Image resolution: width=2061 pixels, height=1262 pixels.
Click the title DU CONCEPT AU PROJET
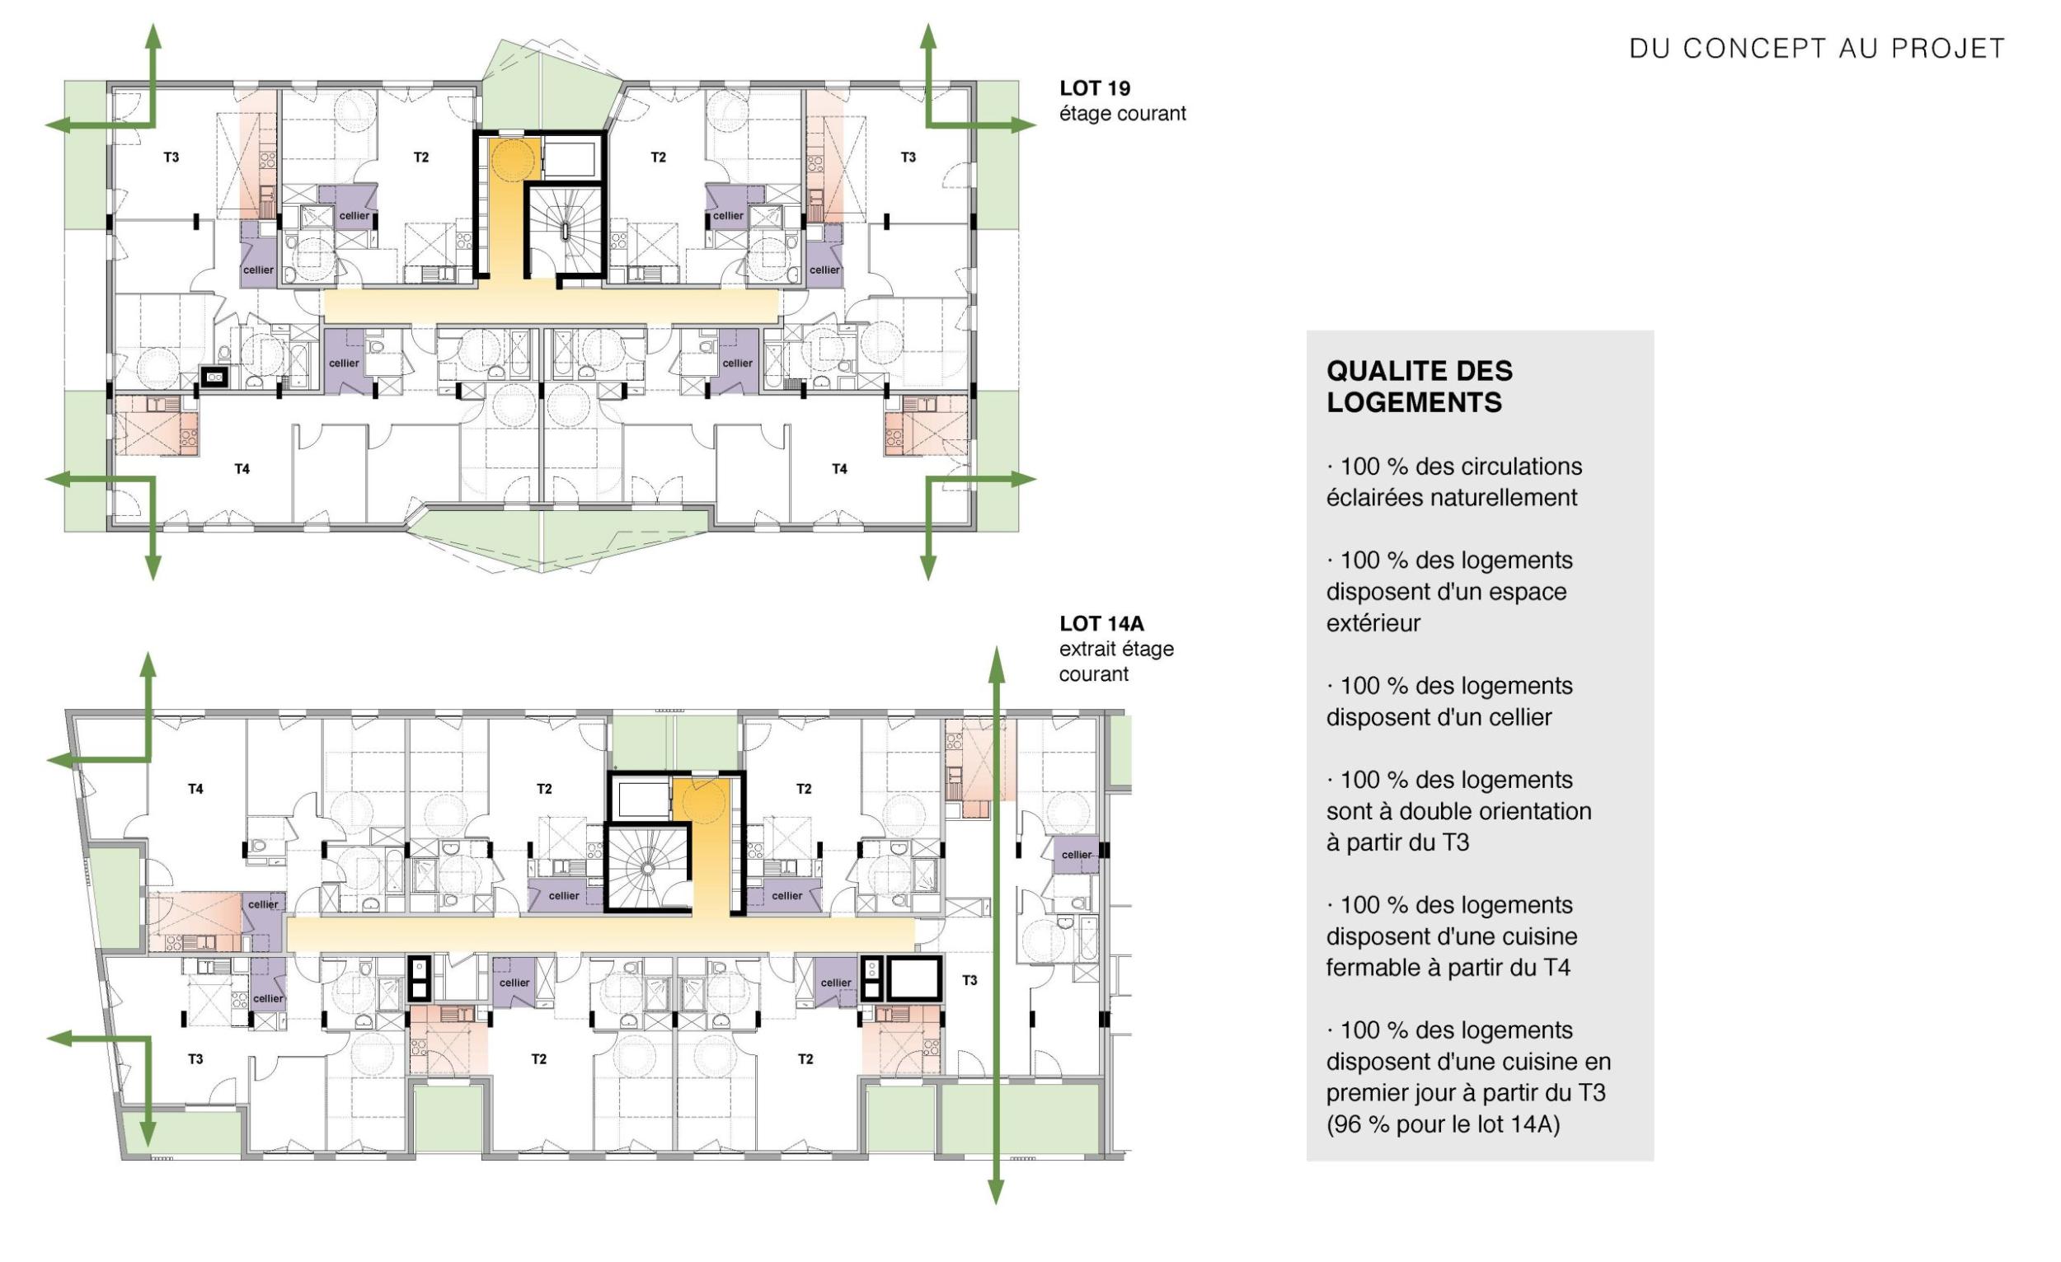point(1817,49)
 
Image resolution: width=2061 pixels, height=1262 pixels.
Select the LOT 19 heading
point(1095,88)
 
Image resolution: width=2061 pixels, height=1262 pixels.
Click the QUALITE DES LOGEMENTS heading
point(1420,387)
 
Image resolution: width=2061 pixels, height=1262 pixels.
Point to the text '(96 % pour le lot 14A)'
point(1443,1125)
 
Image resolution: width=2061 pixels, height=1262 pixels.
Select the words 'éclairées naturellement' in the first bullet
point(1451,498)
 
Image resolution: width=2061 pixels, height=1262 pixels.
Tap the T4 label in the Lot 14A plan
point(195,789)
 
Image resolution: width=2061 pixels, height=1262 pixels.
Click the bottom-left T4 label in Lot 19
point(242,469)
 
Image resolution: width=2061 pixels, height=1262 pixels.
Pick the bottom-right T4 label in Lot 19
point(839,469)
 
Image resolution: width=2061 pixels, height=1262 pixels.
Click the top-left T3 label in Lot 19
point(171,157)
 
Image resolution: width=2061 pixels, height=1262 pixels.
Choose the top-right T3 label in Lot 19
point(908,157)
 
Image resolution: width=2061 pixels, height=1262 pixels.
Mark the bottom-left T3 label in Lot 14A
point(195,1058)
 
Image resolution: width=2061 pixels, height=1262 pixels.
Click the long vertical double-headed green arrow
point(995,924)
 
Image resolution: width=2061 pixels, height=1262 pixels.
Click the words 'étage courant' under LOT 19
point(1123,114)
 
